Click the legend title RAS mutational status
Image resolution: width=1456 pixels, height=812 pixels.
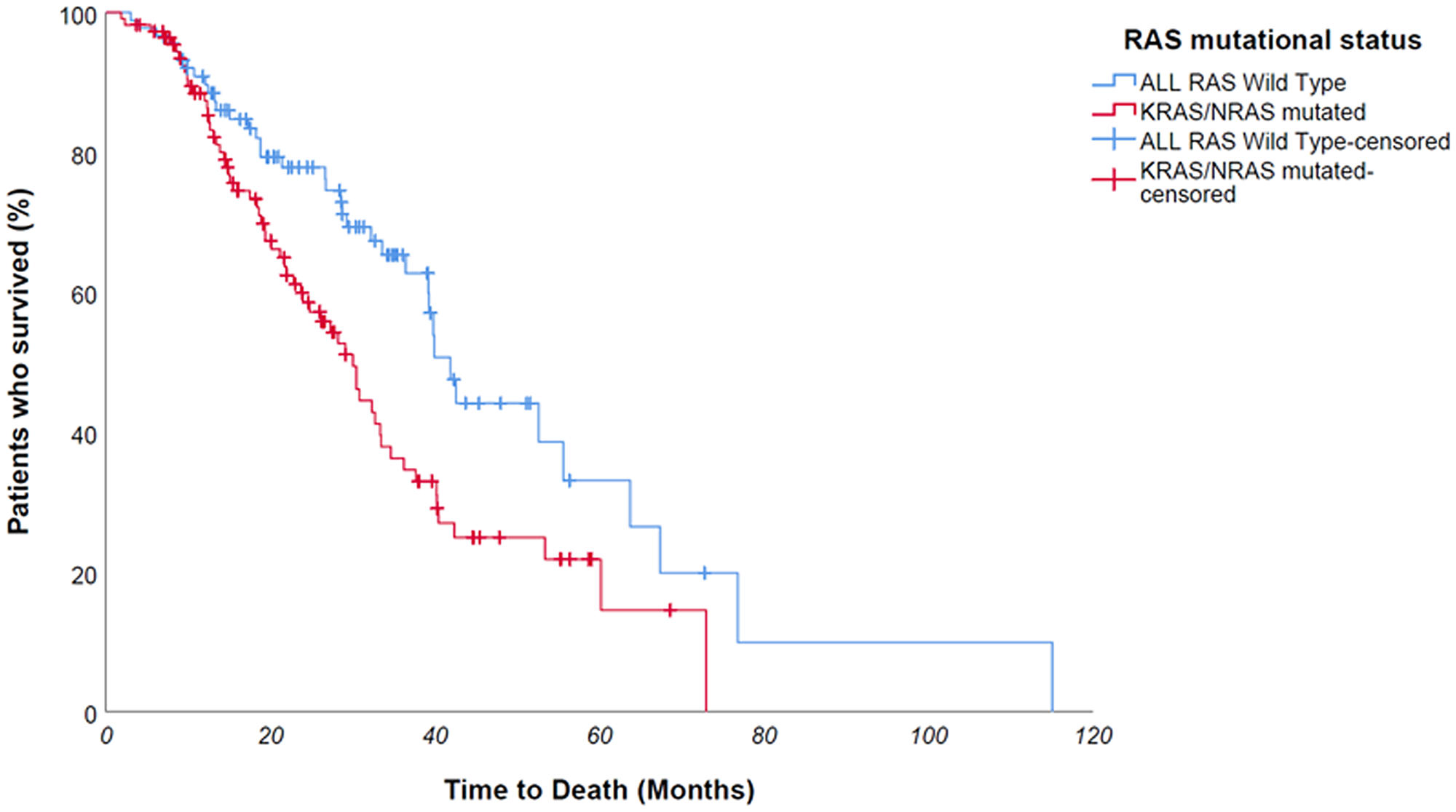1272,40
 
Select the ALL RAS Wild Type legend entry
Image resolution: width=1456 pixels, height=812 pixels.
1242,82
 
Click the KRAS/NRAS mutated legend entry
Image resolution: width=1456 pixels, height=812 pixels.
1252,112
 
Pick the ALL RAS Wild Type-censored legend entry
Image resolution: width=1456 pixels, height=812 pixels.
1294,141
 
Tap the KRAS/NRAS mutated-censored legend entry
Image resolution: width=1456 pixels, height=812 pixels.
1256,182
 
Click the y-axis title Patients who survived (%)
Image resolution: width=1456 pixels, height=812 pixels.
20,362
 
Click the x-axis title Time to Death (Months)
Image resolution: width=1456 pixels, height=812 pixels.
599,790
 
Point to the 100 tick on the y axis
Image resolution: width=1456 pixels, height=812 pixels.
78,16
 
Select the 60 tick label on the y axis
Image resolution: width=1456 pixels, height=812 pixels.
84,295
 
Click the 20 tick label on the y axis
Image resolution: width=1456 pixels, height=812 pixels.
84,575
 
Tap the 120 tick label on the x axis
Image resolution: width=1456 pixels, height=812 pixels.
1093,736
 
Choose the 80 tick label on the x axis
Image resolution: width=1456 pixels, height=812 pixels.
764,736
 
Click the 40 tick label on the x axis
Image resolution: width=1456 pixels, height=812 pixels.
435,736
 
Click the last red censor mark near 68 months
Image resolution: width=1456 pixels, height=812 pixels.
670,610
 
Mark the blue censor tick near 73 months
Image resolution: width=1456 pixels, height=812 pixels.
704,573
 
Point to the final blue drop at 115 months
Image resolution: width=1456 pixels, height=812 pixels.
1052,677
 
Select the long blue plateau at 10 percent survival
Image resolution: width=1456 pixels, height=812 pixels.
895,642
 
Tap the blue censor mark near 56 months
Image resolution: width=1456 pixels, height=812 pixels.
569,480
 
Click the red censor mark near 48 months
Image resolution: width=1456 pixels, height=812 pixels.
499,538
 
